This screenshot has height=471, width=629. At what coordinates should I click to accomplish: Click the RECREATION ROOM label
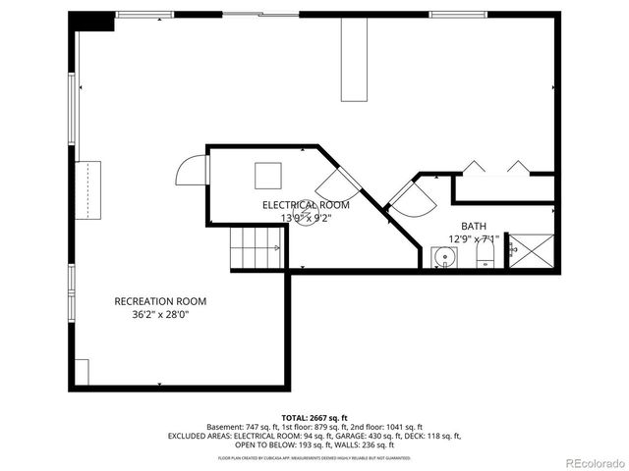pos(160,301)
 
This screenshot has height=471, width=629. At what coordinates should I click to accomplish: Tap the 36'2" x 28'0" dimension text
pos(160,315)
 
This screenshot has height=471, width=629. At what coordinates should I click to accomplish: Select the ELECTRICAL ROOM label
pos(305,204)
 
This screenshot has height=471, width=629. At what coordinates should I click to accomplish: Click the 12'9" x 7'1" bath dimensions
pos(474,238)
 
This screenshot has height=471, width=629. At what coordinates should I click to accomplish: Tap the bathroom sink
pos(445,259)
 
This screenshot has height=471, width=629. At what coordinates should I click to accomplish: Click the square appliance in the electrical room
pos(268,175)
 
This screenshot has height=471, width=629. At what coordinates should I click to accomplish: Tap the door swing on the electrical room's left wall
pos(191,174)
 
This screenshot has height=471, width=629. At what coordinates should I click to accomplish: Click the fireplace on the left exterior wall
pos(89,186)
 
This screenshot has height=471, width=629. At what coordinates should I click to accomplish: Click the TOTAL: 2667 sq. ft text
pos(314,417)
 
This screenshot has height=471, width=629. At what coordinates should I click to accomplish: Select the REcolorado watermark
pos(593,461)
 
